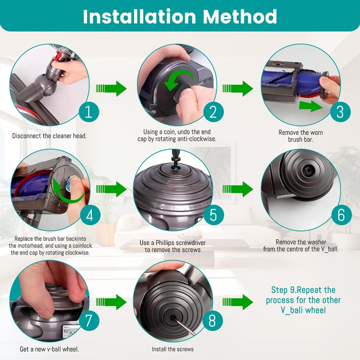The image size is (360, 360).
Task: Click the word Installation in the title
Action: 139,17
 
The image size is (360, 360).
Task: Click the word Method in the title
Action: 240,17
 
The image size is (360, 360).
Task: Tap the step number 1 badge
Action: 89,112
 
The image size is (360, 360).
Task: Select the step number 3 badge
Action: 340,112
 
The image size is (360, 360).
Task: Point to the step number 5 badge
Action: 213,215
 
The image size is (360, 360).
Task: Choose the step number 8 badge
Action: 212,320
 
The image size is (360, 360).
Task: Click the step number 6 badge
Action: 341,215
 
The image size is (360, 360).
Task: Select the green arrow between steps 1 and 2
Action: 111,88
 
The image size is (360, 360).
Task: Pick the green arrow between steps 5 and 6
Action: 238,189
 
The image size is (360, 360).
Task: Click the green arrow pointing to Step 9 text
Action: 238,302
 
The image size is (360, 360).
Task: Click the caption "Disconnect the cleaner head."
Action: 49,136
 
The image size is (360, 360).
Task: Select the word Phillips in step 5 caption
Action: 167,243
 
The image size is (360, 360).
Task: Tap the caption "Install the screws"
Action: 173,349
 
